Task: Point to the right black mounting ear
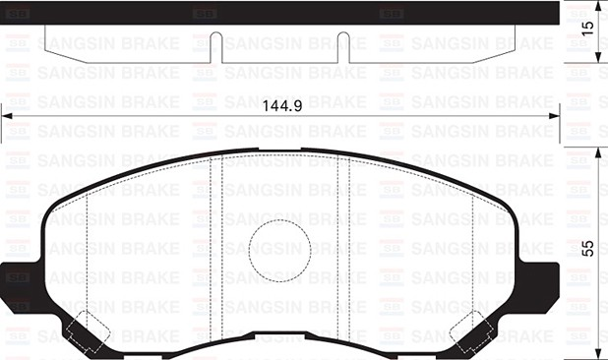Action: pos(542,276)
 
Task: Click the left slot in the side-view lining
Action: pos(215,44)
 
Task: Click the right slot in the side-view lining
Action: pos(341,44)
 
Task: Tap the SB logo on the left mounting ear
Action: pos(19,277)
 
